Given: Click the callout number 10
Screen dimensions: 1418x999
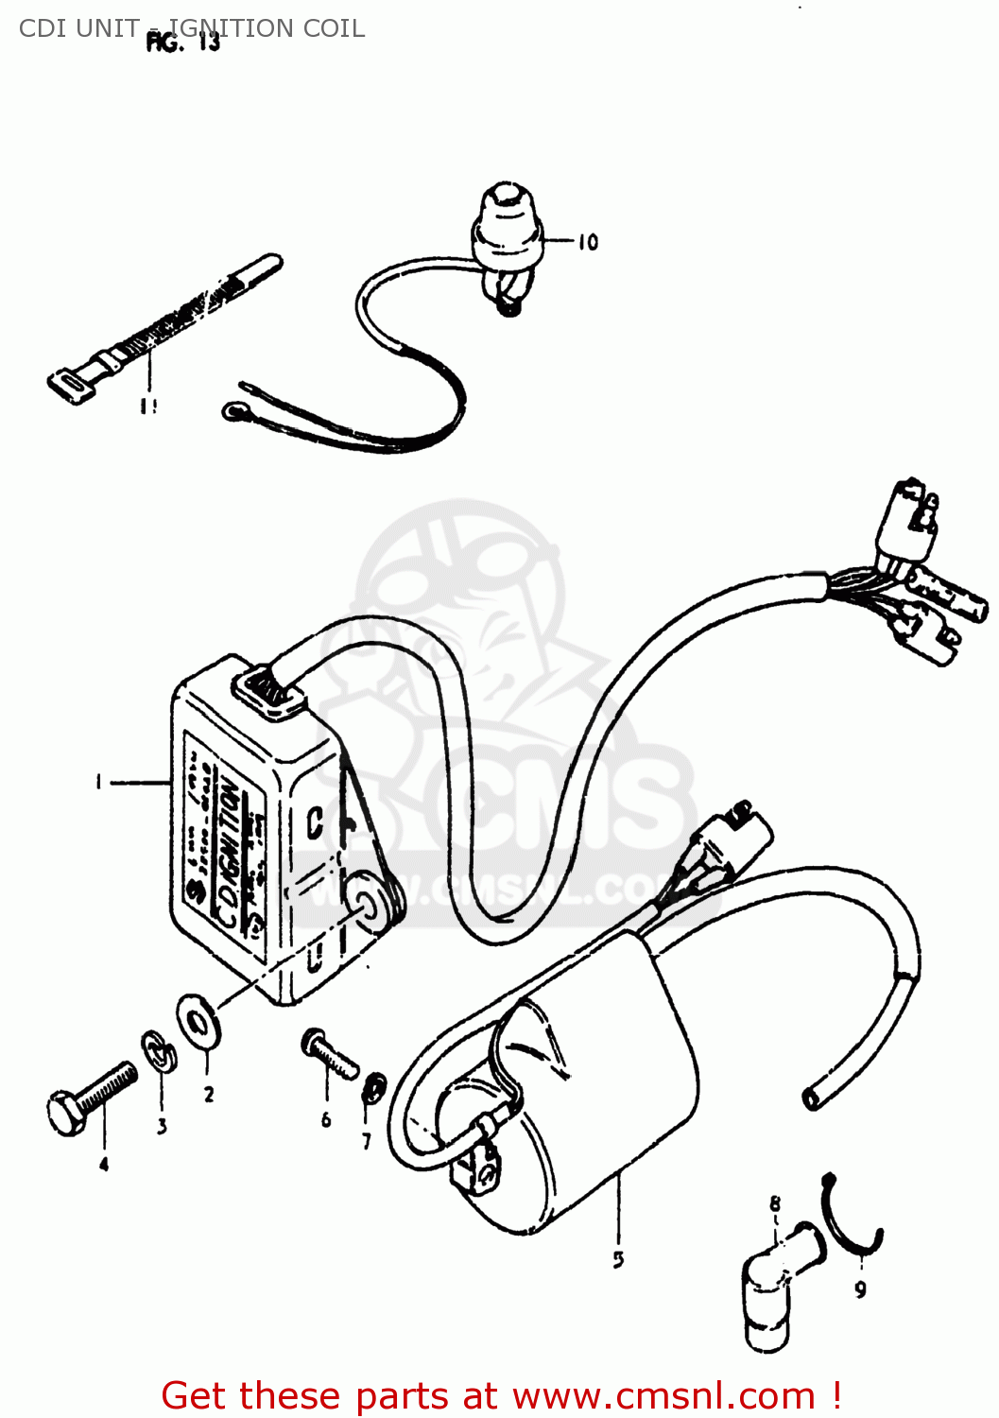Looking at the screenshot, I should (588, 242).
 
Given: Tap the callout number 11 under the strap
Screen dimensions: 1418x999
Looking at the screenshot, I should (147, 406).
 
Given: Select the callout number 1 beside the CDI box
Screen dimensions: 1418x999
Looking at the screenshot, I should (97, 782).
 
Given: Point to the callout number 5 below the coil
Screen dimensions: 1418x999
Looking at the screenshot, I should (618, 1259).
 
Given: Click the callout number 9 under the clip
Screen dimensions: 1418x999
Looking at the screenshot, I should (860, 1289).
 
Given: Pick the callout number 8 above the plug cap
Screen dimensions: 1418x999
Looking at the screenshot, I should (775, 1204).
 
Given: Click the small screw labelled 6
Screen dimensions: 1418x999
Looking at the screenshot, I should (327, 1052).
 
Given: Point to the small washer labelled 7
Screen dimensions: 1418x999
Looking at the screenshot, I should (373, 1088).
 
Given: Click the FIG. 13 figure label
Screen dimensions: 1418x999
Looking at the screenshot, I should (183, 43).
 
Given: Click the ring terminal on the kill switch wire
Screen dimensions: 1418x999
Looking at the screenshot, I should (233, 410).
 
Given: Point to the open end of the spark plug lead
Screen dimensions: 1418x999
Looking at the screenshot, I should (812, 1098).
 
